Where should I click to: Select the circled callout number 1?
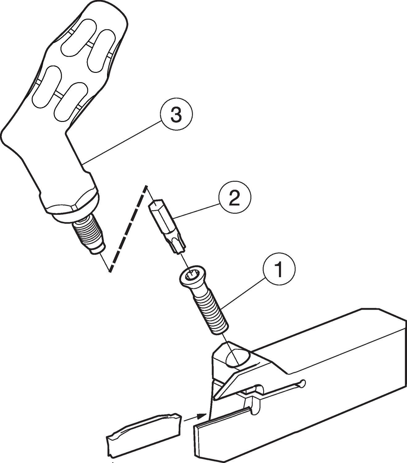tap(279, 269)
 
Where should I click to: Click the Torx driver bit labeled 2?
tap(168, 227)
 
